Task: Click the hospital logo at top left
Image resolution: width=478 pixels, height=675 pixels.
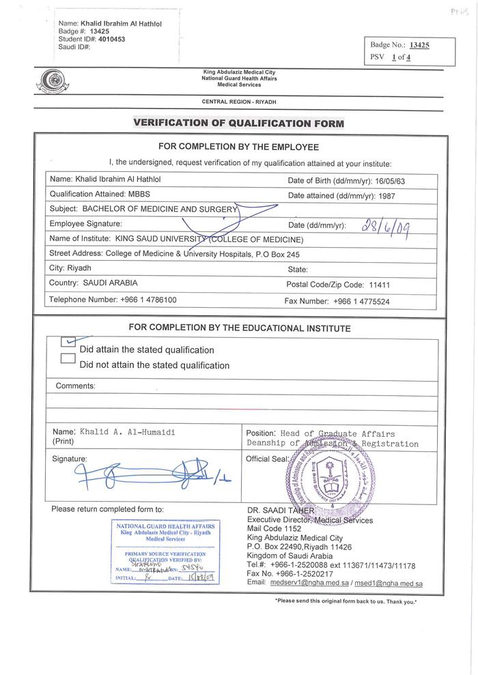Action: (50, 83)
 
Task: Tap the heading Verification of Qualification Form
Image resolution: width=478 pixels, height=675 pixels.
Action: (238, 123)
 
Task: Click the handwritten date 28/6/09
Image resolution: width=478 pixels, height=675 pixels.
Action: (388, 225)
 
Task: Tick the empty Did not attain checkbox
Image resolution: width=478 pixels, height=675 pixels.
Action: (68, 358)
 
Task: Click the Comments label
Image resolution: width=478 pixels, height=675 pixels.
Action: (76, 386)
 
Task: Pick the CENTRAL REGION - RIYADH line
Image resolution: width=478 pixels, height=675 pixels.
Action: (244, 101)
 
